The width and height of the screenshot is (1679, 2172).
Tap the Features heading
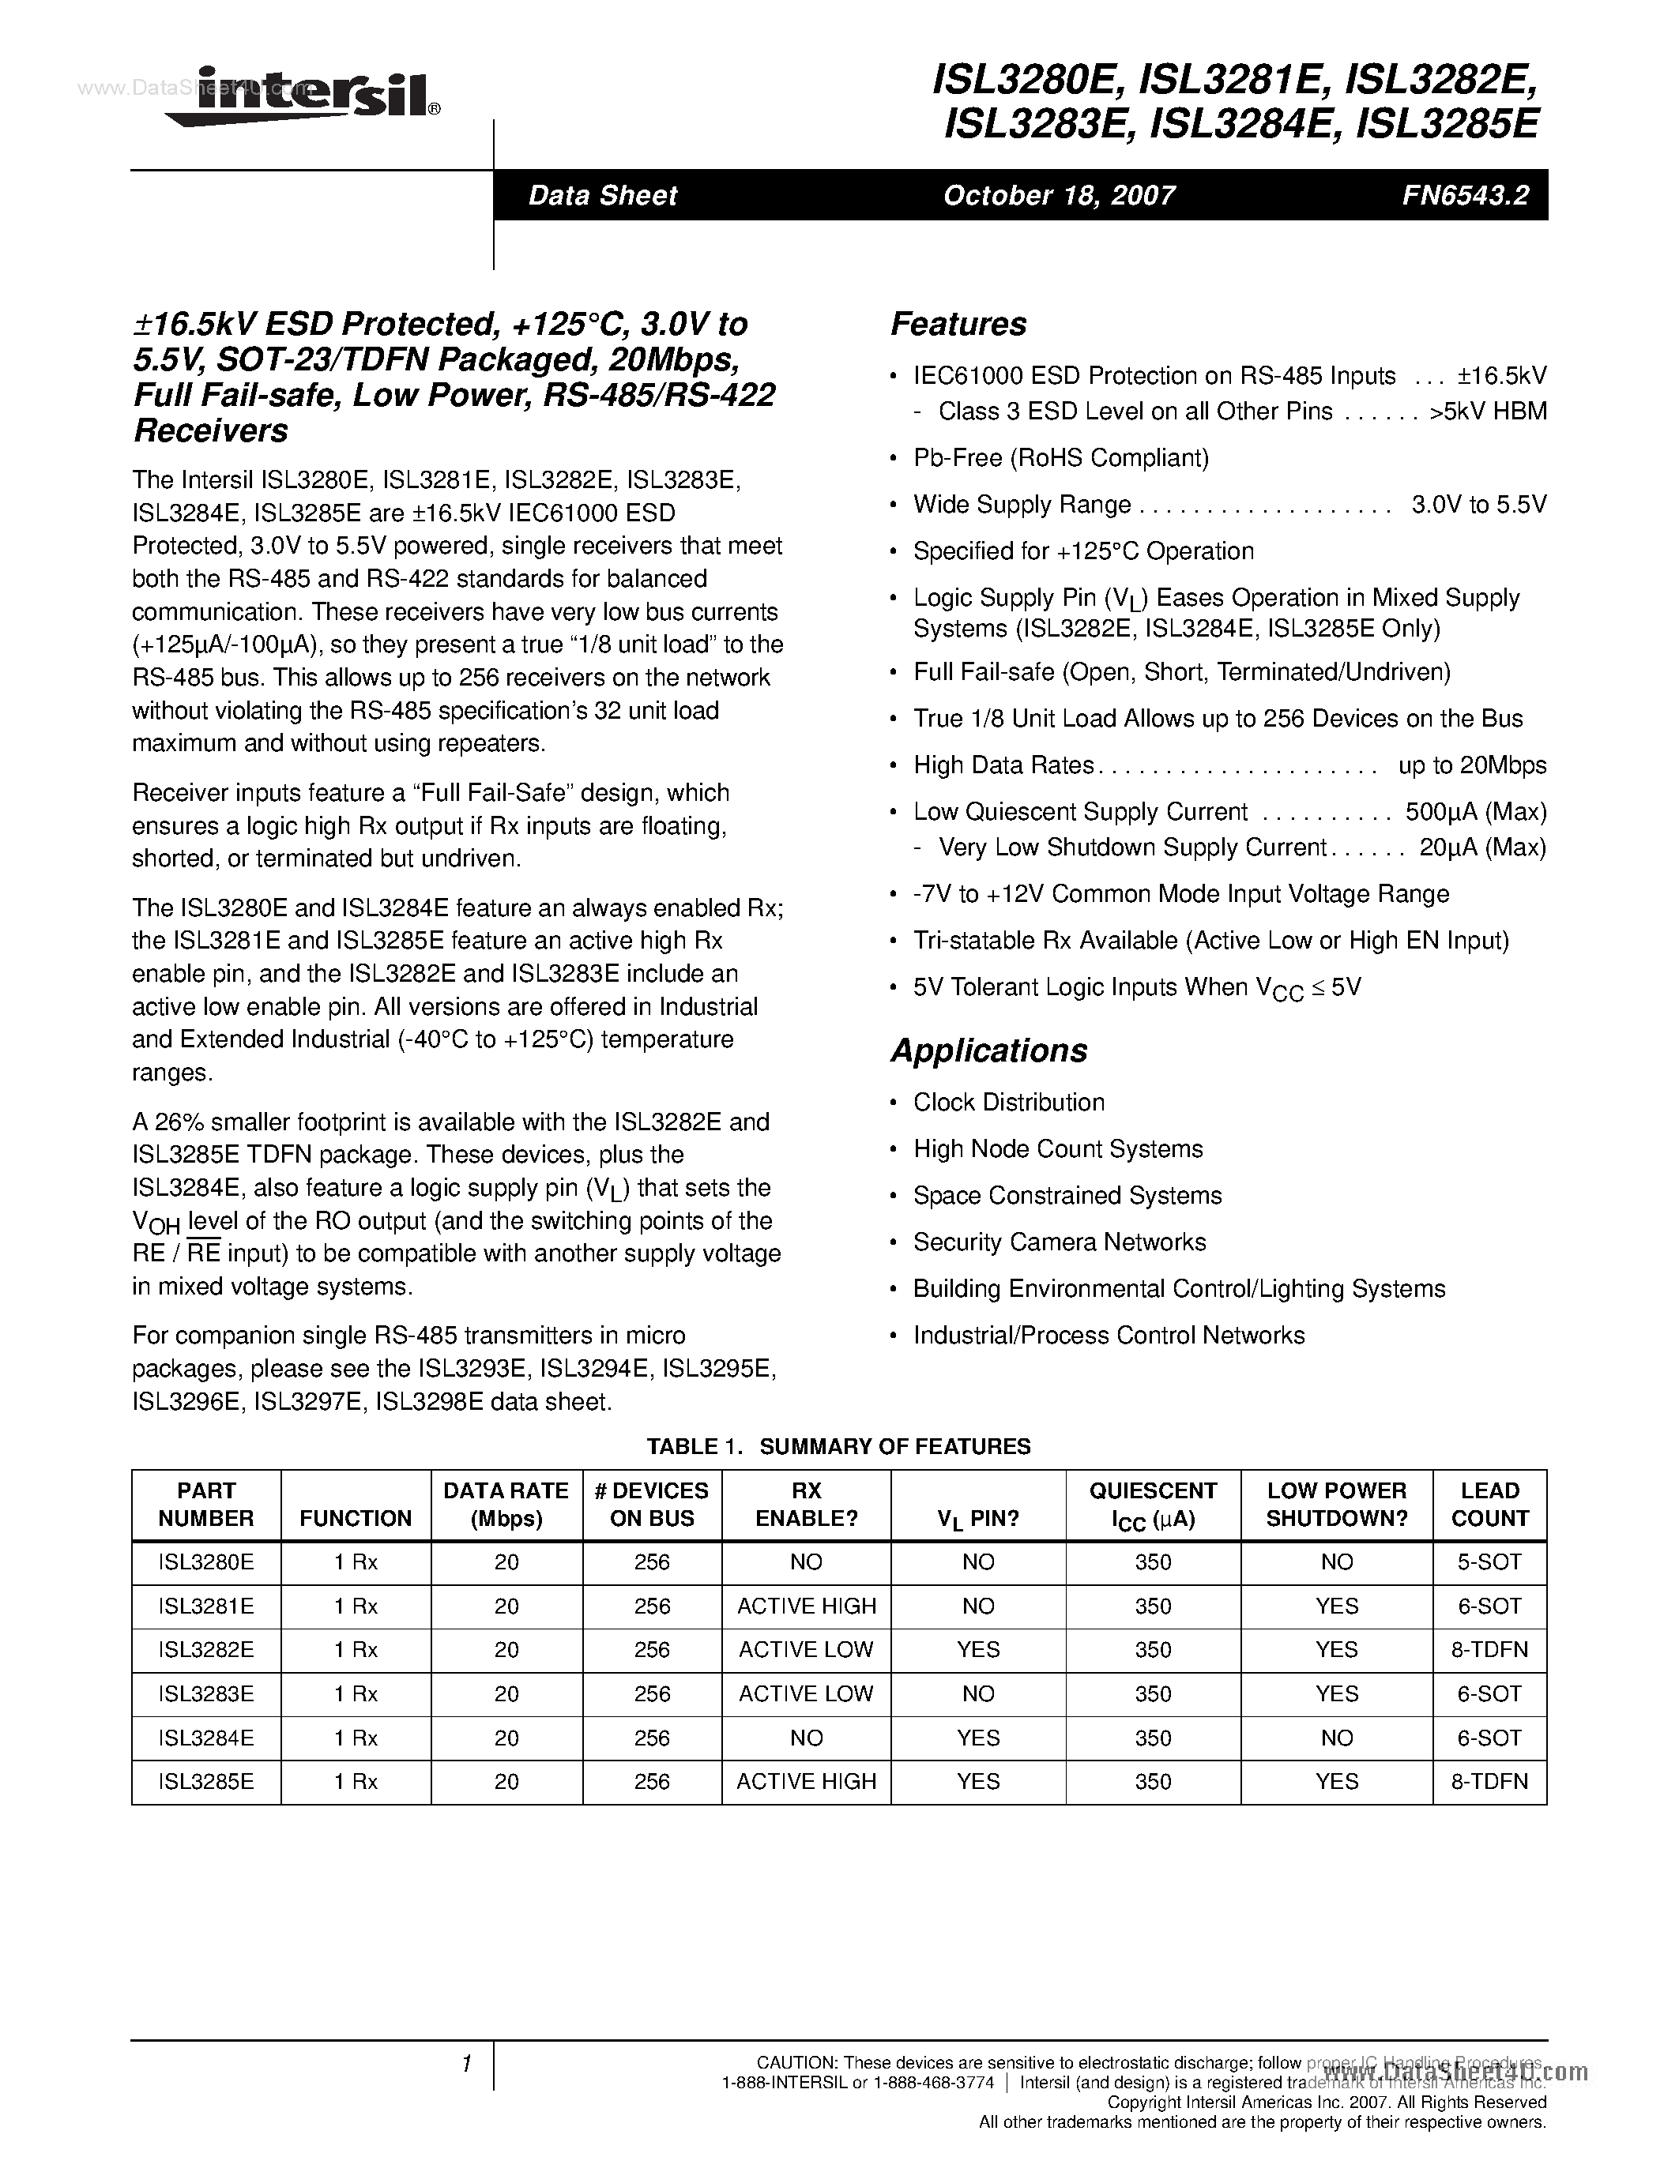click(x=958, y=324)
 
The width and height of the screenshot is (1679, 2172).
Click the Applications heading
click(x=988, y=1050)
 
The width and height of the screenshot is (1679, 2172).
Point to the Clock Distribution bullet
click(x=1009, y=1102)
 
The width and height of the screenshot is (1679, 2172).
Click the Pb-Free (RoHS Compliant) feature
click(x=1060, y=457)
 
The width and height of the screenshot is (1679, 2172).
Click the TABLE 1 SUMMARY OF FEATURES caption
click(x=838, y=1446)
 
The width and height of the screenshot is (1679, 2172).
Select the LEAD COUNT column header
click(x=1489, y=1504)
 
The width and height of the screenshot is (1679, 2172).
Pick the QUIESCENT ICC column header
click(x=1153, y=1504)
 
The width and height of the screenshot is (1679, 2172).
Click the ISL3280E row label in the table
click(x=206, y=1561)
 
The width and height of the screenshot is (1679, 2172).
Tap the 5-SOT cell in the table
click(x=1489, y=1561)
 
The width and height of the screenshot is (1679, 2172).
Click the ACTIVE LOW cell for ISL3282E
click(x=806, y=1649)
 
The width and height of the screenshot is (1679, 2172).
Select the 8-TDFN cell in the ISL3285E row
click(x=1489, y=1781)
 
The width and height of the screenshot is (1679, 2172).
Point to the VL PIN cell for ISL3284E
click(x=977, y=1738)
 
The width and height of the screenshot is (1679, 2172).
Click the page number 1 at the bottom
click(x=466, y=2065)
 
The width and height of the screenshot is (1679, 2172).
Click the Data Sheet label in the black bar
click(x=602, y=195)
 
